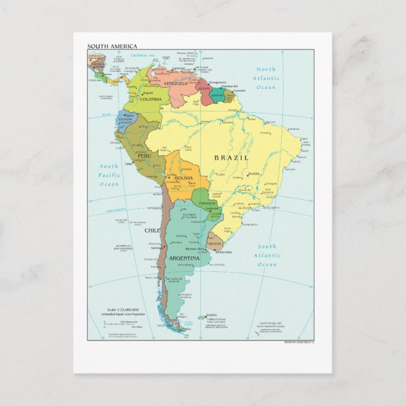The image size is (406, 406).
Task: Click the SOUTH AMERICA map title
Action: point(112,46)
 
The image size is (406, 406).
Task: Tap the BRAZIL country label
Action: point(231,158)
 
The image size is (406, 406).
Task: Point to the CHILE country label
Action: point(153,231)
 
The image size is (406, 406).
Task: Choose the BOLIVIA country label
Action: point(183,179)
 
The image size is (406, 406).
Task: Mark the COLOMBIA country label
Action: point(151,99)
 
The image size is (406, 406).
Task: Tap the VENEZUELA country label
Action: point(175,83)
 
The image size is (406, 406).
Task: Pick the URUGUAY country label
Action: point(215,243)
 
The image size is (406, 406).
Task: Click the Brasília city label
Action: point(253,174)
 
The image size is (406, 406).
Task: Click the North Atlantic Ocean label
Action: point(266,78)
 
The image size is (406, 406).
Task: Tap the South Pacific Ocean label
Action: point(108,175)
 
